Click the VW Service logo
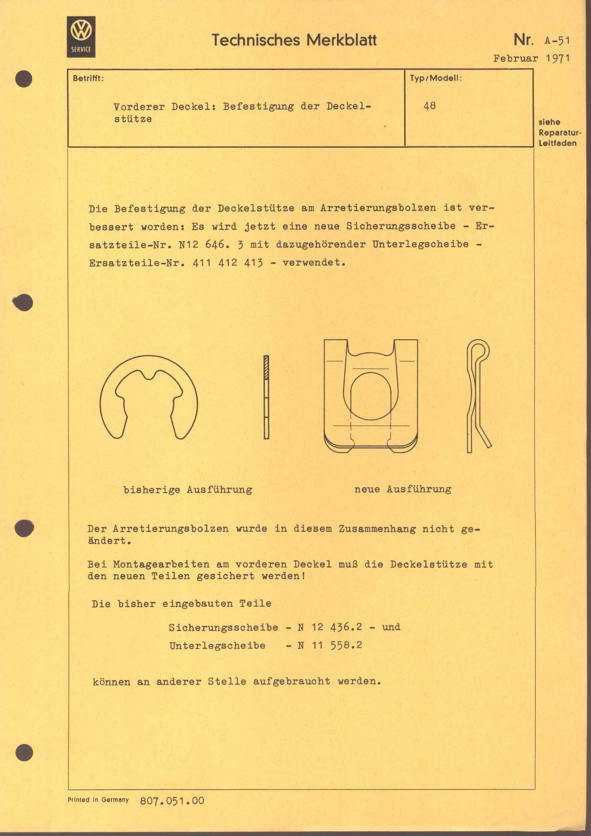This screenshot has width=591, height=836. pyautogui.click(x=81, y=37)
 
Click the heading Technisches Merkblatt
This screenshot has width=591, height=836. pyautogui.click(x=294, y=40)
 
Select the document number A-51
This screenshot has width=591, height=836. pyautogui.click(x=557, y=40)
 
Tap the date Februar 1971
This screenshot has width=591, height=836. pyautogui.click(x=531, y=58)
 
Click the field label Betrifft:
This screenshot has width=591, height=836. pyautogui.click(x=88, y=78)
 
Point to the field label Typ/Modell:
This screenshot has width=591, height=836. pyautogui.click(x=436, y=78)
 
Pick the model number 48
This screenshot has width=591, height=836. pyautogui.click(x=429, y=106)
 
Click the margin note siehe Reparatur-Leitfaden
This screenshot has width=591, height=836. pyautogui.click(x=559, y=133)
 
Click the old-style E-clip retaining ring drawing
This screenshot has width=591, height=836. pyautogui.click(x=149, y=397)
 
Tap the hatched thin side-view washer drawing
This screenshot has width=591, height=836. pyautogui.click(x=266, y=397)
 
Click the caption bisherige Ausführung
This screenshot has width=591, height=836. pyautogui.click(x=188, y=490)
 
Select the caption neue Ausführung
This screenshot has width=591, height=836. pyautogui.click(x=403, y=489)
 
